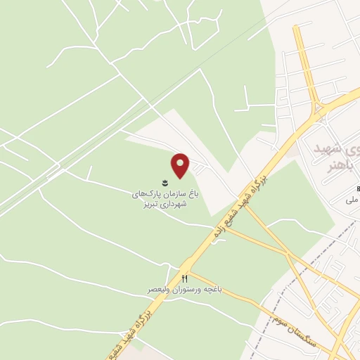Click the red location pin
(181, 166)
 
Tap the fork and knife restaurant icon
(186, 278)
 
